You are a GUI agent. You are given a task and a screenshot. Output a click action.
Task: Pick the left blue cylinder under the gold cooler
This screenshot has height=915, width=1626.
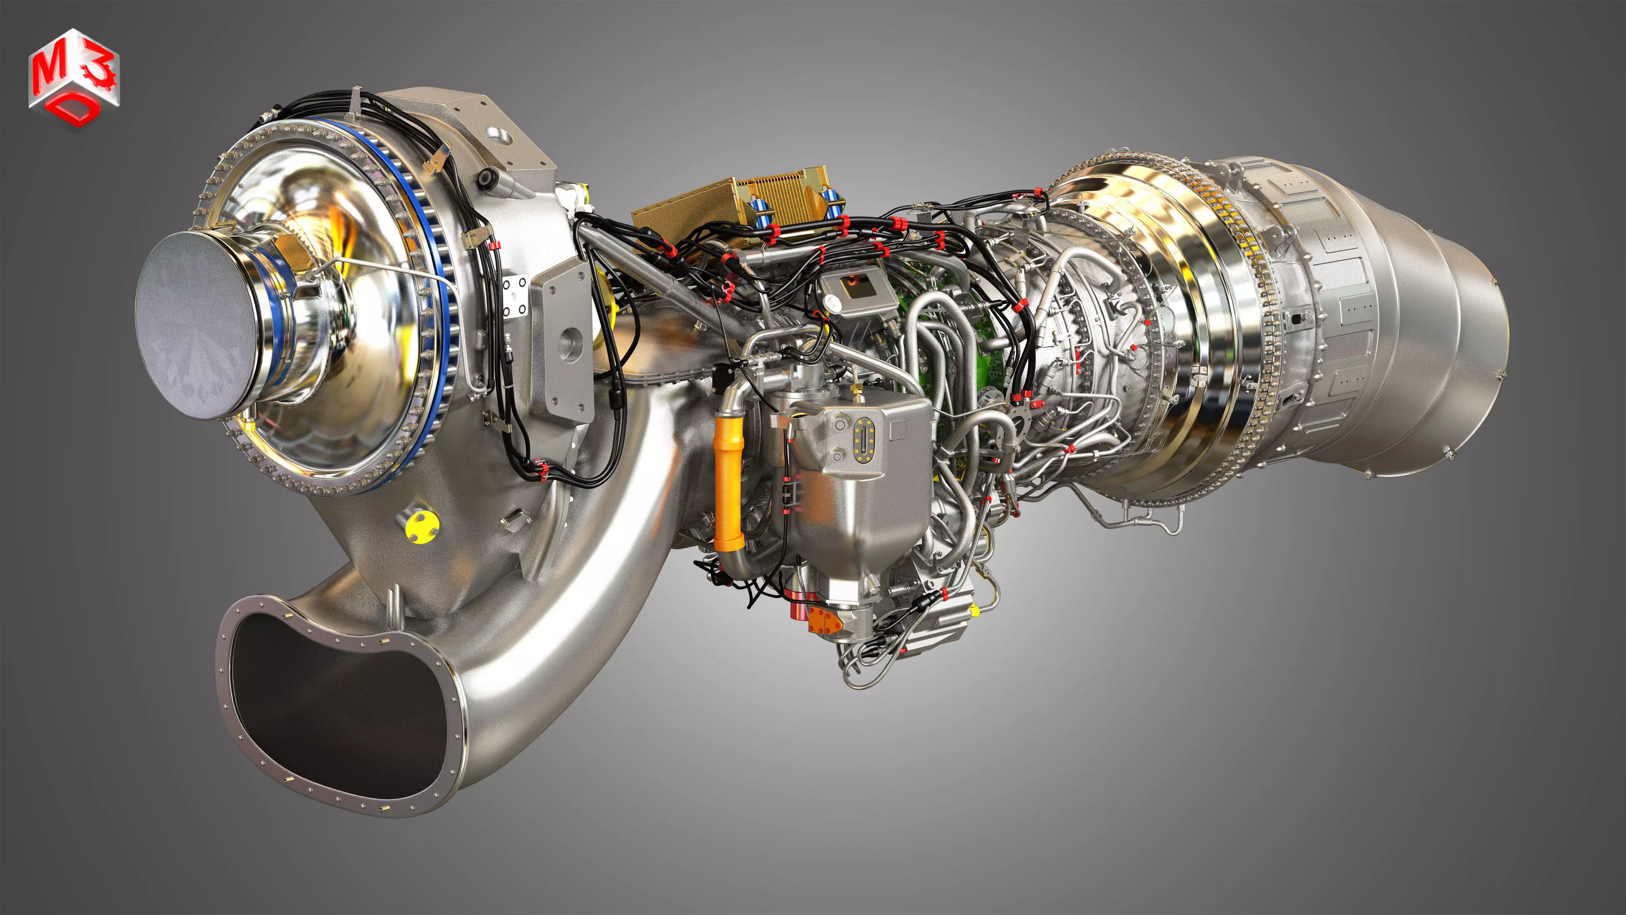tap(760, 212)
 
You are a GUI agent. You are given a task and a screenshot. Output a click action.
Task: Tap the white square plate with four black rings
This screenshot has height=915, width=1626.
tap(514, 297)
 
